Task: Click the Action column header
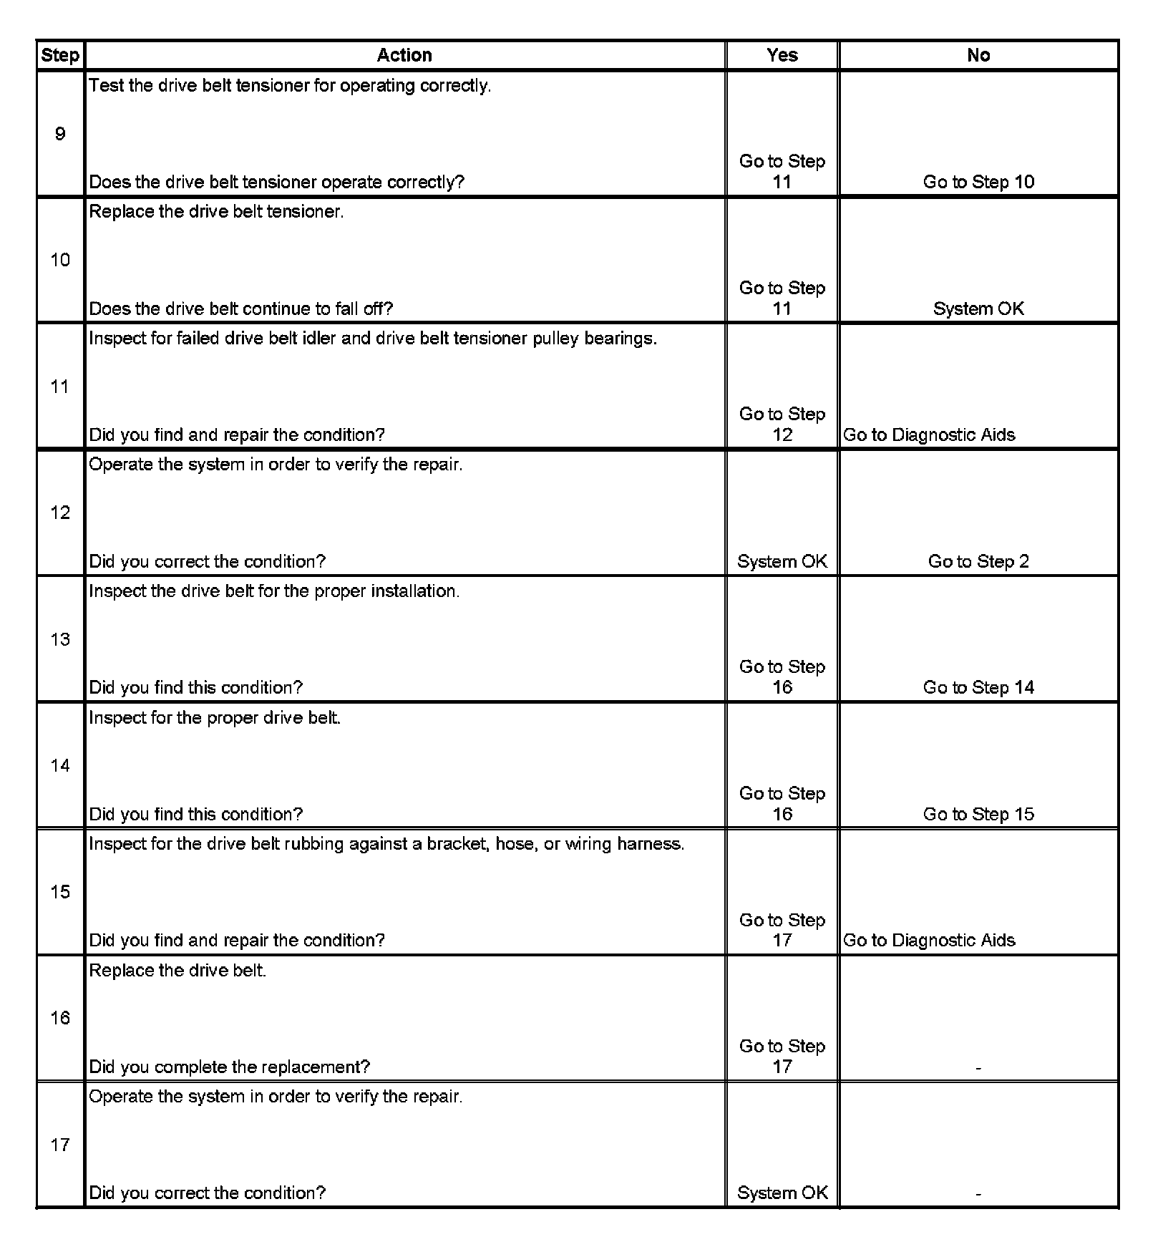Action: (x=404, y=55)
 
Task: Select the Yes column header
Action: (x=782, y=55)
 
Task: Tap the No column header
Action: (x=978, y=55)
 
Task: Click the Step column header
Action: (x=60, y=55)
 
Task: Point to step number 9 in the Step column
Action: (x=60, y=134)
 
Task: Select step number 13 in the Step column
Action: (x=60, y=639)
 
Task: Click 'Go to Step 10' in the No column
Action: (x=978, y=182)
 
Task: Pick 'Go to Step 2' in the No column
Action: (x=978, y=561)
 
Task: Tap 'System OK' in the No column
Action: (x=978, y=309)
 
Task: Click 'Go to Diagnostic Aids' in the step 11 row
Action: (x=928, y=435)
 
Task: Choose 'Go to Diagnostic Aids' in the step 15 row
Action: (x=928, y=940)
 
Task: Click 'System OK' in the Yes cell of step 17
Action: (x=782, y=1193)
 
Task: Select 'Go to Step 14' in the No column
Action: (x=978, y=687)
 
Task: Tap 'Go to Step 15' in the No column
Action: (x=978, y=814)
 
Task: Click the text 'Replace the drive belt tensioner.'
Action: (x=216, y=212)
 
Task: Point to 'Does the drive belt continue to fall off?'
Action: (x=241, y=309)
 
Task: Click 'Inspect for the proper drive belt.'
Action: (x=215, y=717)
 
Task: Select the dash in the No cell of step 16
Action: (x=978, y=1067)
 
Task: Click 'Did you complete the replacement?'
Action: (x=229, y=1067)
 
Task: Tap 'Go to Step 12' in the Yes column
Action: (x=782, y=424)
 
